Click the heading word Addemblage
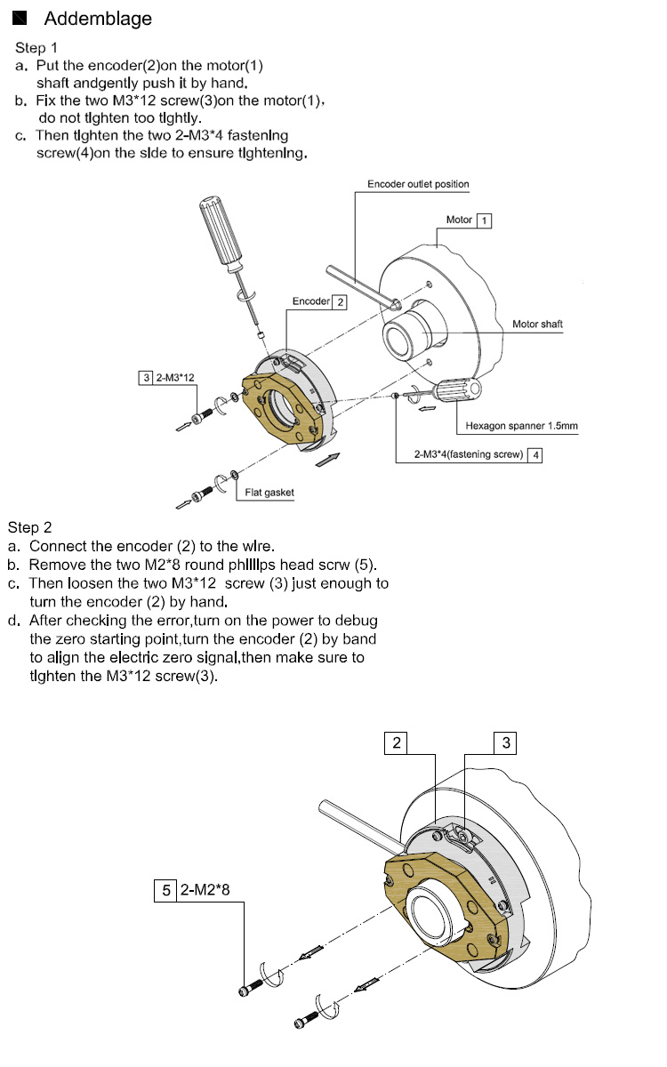[98, 19]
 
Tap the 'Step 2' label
[30, 528]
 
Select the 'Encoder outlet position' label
[418, 184]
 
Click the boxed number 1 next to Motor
[484, 220]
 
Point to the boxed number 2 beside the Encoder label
[340, 301]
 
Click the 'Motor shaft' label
[537, 325]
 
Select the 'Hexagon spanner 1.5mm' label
[521, 426]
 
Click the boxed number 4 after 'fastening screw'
[534, 454]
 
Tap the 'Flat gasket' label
[269, 493]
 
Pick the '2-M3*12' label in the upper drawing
[175, 377]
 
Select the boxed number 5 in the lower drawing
[165, 887]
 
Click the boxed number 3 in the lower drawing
[506, 742]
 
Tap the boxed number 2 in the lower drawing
[397, 742]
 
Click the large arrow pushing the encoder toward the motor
[328, 461]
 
